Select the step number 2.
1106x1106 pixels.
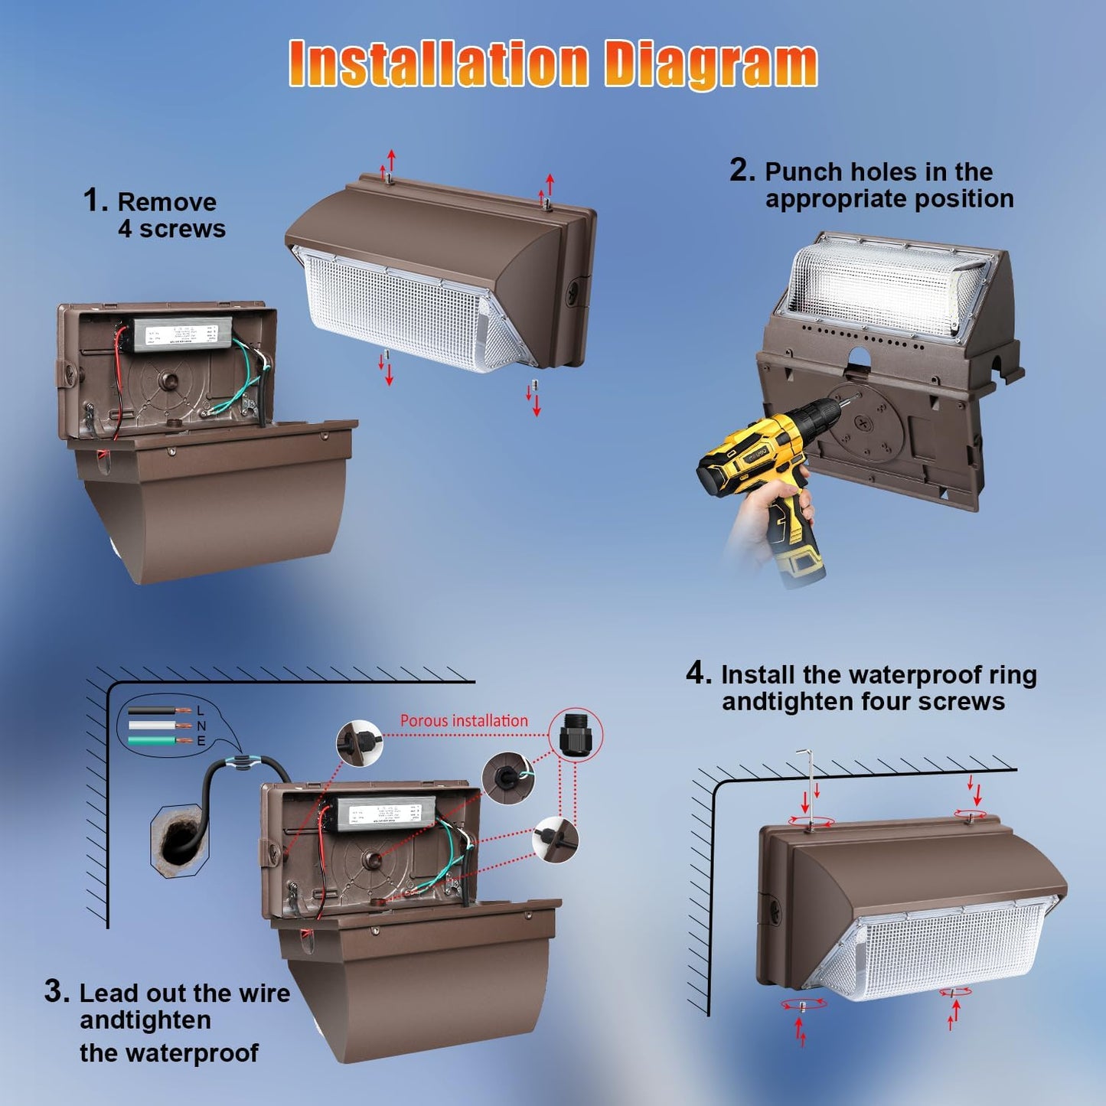tap(742, 170)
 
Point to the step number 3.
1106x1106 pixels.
tap(57, 991)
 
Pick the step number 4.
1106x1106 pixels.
tap(697, 674)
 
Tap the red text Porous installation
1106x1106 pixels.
tap(464, 721)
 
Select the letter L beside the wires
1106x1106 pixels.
tap(201, 711)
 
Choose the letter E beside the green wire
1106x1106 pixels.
tap(201, 741)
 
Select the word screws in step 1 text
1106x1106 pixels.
tap(182, 229)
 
